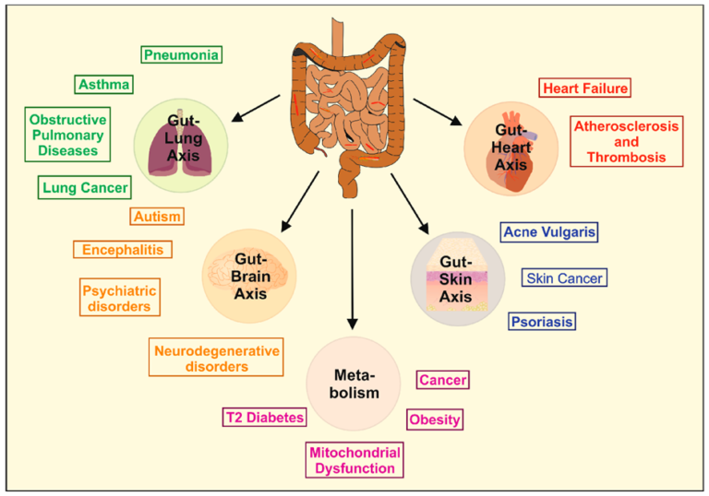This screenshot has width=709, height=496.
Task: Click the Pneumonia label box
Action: (x=182, y=54)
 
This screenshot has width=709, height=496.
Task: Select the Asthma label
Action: (x=103, y=85)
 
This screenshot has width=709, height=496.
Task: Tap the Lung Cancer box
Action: (x=85, y=188)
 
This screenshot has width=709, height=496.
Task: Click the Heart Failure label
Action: (x=584, y=89)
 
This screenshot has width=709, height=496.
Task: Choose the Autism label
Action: (x=156, y=217)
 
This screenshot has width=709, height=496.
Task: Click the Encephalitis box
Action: (x=122, y=249)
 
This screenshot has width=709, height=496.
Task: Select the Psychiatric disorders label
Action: (x=120, y=297)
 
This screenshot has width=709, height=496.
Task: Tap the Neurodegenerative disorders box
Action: (x=214, y=358)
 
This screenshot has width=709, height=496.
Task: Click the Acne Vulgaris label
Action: (x=549, y=231)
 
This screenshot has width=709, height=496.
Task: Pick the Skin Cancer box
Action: (x=563, y=278)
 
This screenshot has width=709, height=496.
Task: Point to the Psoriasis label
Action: (x=541, y=322)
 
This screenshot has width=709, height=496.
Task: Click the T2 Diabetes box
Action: (x=264, y=418)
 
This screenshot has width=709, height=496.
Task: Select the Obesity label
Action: (x=434, y=419)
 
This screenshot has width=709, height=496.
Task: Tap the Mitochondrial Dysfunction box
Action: (x=354, y=460)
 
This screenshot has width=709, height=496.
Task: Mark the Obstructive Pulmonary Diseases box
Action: (x=67, y=135)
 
